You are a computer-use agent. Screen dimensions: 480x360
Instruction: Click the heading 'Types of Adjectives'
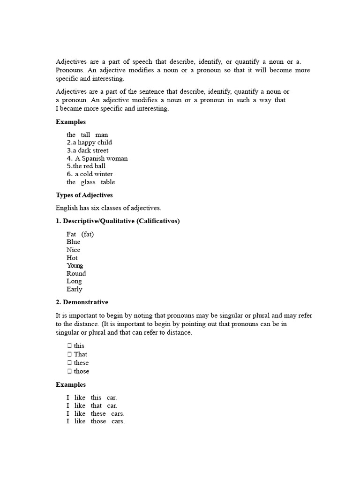84,195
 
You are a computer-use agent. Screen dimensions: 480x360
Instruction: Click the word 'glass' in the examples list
88,182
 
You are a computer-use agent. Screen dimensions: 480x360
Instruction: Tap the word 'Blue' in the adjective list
74,242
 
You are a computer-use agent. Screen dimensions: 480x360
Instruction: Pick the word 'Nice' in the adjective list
74,250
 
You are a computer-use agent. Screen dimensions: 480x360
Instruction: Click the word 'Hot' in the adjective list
72,258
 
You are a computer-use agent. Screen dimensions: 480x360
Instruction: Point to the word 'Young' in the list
75,266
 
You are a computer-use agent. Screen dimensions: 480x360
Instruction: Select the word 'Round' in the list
76,273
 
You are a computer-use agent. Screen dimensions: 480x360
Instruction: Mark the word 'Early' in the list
75,289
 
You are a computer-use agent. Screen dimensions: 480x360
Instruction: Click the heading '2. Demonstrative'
82,302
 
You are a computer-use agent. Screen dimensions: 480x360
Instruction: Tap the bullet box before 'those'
69,371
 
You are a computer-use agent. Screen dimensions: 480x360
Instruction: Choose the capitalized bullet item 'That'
81,354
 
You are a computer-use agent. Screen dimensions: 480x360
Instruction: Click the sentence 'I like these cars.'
96,413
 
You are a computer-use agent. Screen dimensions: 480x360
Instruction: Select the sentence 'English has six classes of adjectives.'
108,208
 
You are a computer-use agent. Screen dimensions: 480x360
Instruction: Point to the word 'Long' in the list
75,281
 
